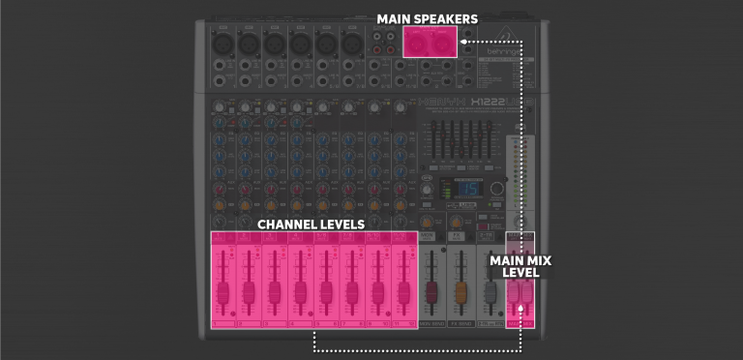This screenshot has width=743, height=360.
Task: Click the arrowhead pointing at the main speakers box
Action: pyautogui.click(x=464, y=43)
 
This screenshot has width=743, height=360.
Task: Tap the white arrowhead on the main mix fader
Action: pyautogui.click(x=521, y=309)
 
